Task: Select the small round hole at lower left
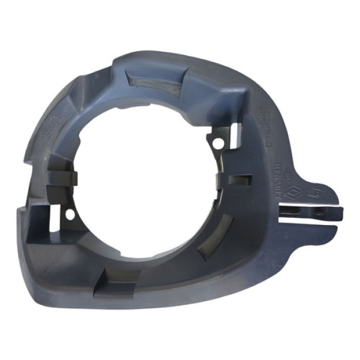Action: (x=70, y=213)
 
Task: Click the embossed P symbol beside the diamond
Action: (x=312, y=193)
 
